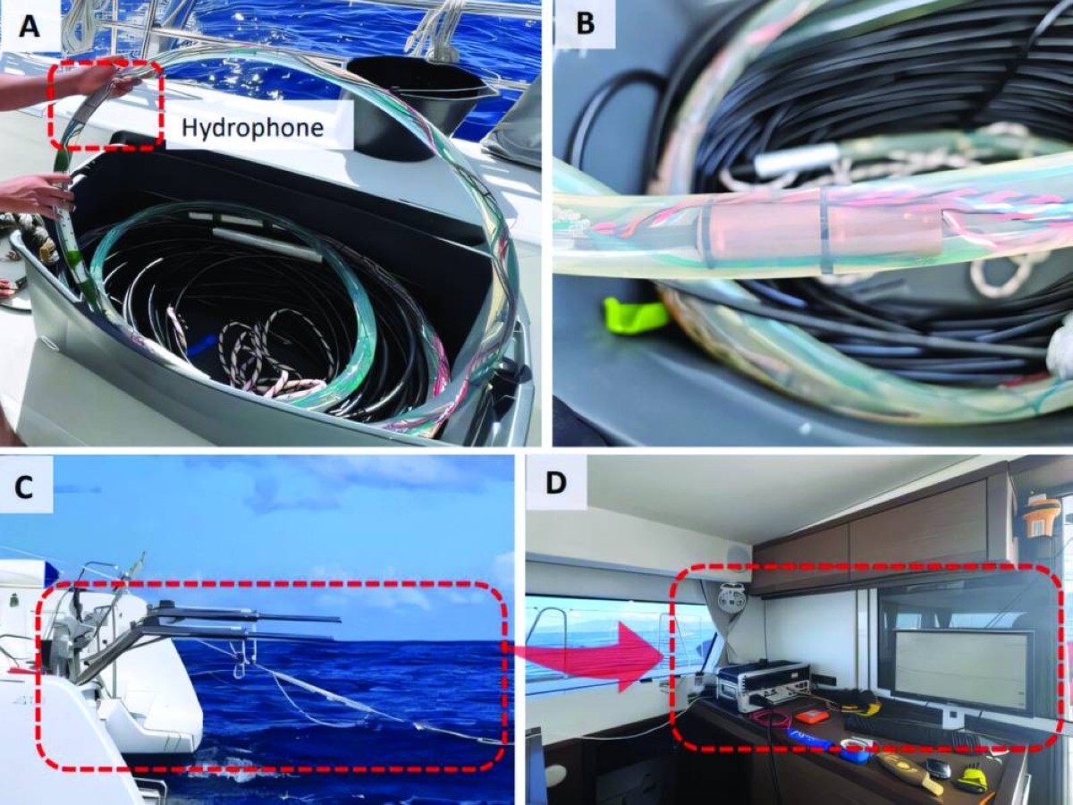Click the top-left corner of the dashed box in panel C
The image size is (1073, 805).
coord(40,582)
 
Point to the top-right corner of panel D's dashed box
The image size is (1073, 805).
coord(1061,566)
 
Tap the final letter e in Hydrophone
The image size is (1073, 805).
coord(317,130)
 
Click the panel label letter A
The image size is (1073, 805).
coord(29,28)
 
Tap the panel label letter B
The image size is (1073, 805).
coord(585,24)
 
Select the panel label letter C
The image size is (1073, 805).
coord(23,488)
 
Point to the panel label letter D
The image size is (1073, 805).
coord(556,483)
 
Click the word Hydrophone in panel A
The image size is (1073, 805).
coord(253,128)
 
